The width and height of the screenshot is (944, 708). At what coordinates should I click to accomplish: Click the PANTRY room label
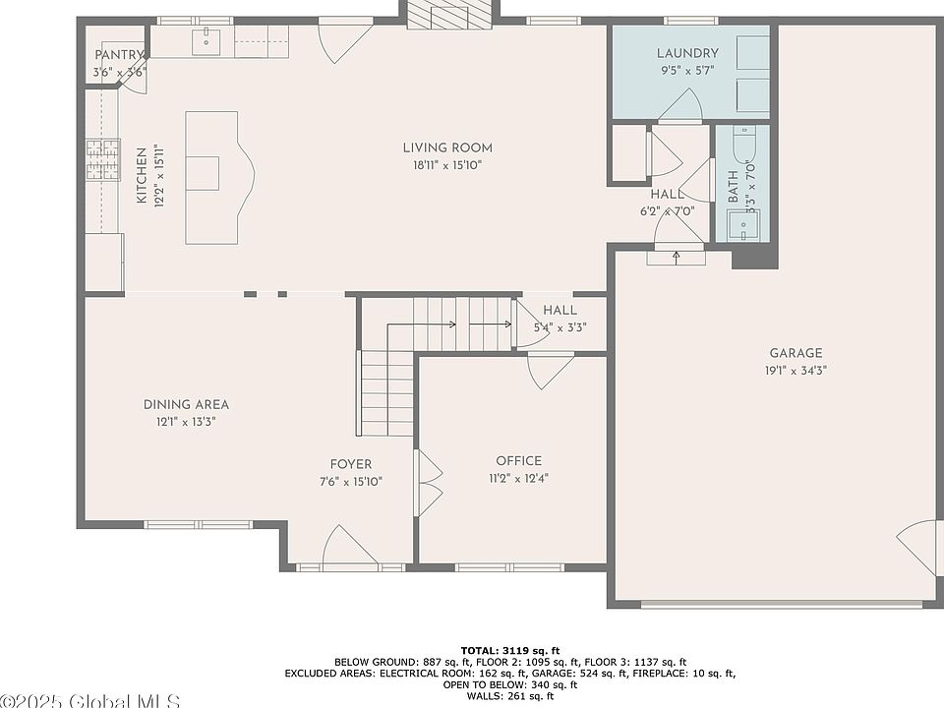[x=119, y=55]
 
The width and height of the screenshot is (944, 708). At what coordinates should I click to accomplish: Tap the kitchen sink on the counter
[x=206, y=41]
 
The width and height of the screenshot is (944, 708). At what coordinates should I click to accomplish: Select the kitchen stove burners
[x=103, y=159]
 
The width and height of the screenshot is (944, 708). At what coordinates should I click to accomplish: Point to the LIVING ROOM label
[x=447, y=148]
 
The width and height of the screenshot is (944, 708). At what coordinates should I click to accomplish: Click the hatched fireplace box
[x=449, y=13]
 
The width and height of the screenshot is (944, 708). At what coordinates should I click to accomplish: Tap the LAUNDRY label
[x=687, y=53]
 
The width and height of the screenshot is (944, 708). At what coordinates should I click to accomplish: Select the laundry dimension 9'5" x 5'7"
[x=687, y=71]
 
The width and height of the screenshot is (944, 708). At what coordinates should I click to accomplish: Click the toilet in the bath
[x=744, y=145]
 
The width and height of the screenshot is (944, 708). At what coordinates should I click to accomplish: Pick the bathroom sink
[x=743, y=225]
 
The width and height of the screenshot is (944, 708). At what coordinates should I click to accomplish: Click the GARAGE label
[x=796, y=353]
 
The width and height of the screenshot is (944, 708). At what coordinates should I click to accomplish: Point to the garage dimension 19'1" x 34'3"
[x=796, y=371]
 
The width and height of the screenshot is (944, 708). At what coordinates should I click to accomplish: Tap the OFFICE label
[x=519, y=461]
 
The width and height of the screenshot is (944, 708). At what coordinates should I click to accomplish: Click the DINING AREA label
[x=186, y=404]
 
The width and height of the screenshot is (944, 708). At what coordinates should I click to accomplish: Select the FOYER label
[x=351, y=464]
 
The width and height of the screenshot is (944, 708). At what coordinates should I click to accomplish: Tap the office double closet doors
[x=429, y=482]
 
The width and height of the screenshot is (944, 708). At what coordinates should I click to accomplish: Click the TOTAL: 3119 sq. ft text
[x=510, y=650]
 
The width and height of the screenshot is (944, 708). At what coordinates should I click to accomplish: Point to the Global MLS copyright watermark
[x=90, y=701]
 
